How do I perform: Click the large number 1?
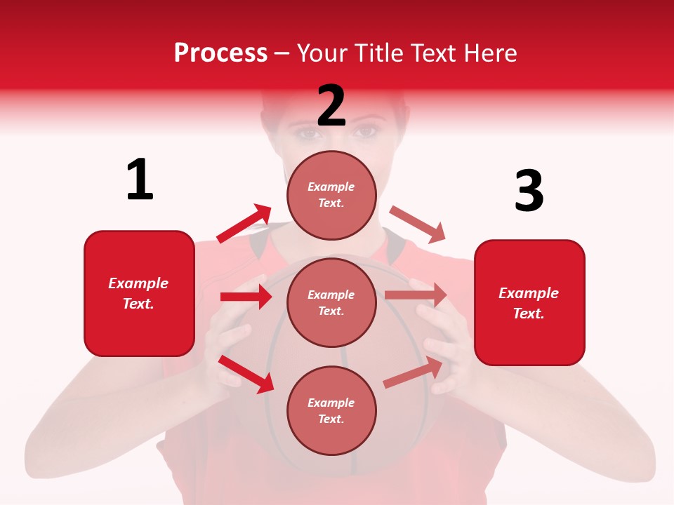140,180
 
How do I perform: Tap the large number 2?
331,106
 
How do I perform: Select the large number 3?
529,191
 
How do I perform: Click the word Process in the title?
220,53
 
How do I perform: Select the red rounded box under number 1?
139,293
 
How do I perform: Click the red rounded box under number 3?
529,303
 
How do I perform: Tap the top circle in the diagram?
331,195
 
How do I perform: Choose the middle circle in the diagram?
331,302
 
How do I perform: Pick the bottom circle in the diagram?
331,410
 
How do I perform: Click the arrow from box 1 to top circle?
244,224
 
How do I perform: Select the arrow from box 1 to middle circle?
246,297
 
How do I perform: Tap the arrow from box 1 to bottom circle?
246,373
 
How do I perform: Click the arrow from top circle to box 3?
417,224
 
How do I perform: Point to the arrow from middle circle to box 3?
416,295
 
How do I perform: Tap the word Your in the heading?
320,53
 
